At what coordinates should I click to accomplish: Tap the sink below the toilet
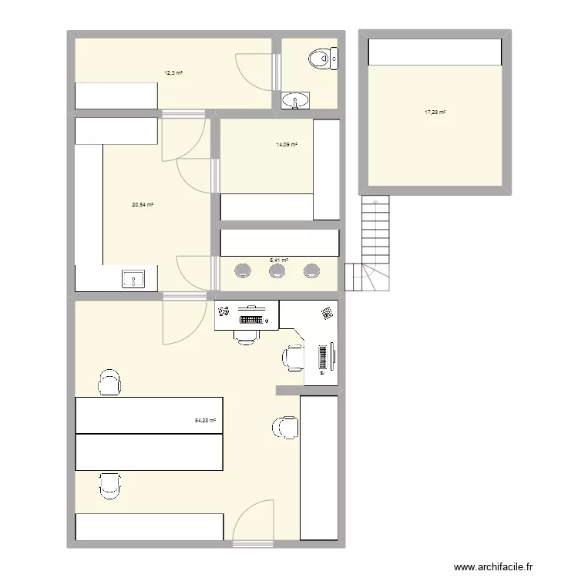[x=296, y=100]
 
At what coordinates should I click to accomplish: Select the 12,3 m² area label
[x=173, y=73]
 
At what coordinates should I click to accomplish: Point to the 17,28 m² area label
[x=435, y=113]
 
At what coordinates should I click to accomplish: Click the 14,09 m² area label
[x=287, y=144]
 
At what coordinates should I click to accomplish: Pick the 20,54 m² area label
[x=143, y=204]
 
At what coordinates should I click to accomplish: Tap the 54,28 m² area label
[x=206, y=421]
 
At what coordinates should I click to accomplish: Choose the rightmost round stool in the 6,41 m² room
[x=312, y=271]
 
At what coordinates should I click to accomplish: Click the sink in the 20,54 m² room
[x=134, y=279]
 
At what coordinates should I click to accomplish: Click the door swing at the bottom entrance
[x=254, y=520]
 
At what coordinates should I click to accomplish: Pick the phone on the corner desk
[x=327, y=313]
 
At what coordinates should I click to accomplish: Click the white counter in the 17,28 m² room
[x=435, y=52]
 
